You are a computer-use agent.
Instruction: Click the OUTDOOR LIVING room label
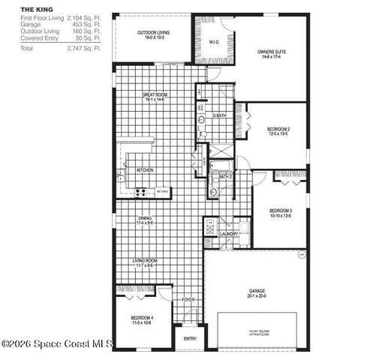[152, 33]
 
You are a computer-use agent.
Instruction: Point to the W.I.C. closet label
[213, 42]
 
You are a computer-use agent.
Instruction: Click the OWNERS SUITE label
[271, 52]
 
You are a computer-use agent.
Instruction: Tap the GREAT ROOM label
[154, 94]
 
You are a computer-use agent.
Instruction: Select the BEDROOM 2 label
[278, 130]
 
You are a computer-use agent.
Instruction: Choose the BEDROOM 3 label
[280, 211]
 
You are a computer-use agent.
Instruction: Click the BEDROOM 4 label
[143, 317]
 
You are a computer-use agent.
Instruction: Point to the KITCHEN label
[145, 170]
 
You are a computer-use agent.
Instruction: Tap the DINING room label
[145, 218]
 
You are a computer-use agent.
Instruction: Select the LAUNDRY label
[229, 234]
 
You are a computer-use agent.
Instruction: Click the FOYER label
[188, 299]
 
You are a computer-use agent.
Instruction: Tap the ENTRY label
[190, 338]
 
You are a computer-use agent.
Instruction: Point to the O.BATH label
[219, 115]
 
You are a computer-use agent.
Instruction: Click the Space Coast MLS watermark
[57, 344]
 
